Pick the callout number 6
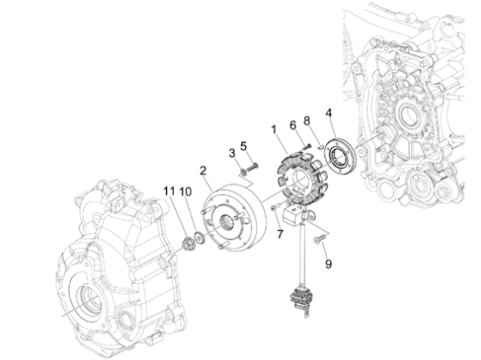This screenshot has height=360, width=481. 294,125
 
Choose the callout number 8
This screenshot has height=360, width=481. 306,120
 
